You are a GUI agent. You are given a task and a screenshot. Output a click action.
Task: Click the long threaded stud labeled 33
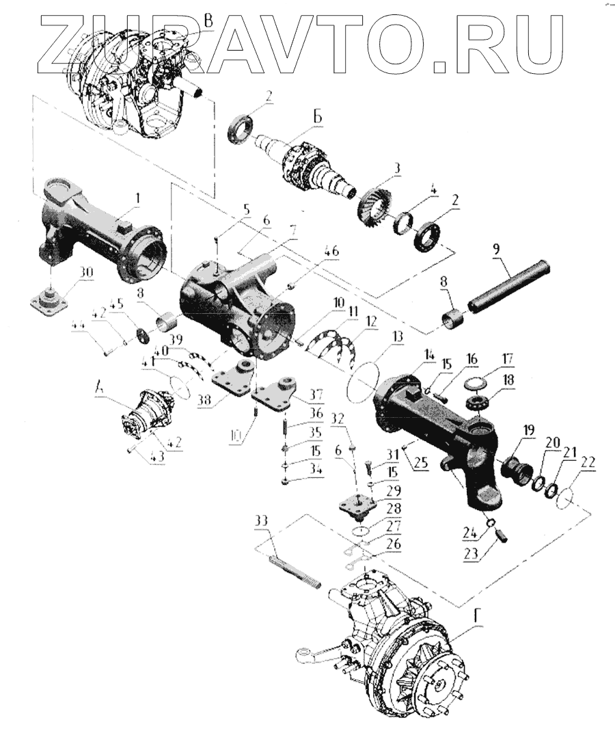tap(294, 571)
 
